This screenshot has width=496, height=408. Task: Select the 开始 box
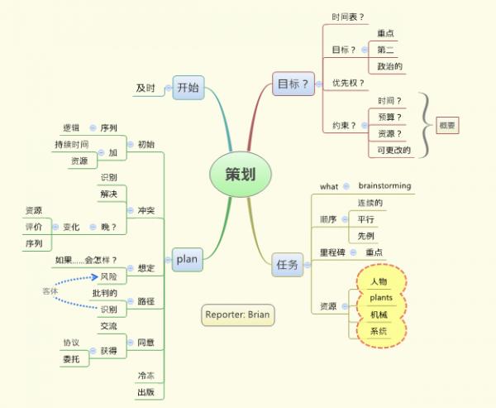pos(188,86)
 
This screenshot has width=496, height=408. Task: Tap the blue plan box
pos(187,260)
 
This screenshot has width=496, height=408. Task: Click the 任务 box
pos(289,264)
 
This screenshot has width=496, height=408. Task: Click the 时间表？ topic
pos(348,17)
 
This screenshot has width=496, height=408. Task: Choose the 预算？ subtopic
pos(389,117)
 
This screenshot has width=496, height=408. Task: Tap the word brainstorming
pos(384,185)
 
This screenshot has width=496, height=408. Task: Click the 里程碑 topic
pos(333,252)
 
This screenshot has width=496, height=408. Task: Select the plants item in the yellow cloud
pos(381,297)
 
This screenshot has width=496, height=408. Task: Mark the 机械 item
pos(379,314)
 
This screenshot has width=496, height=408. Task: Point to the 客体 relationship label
pos(50,291)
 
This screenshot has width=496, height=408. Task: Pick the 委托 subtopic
pos(72,359)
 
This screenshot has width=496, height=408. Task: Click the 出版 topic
pos(145,392)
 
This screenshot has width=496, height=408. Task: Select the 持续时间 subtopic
pos(71,145)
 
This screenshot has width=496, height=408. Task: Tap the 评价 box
pos(34,227)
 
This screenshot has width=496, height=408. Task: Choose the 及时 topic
pos(145,88)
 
